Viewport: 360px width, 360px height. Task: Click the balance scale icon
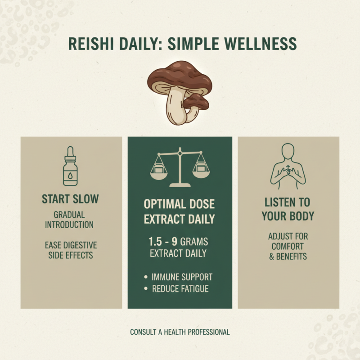180,166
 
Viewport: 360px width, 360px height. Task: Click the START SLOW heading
70,199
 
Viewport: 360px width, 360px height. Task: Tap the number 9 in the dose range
174,241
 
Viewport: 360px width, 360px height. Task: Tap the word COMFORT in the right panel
288,246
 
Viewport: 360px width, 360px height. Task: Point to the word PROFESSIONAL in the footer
208,332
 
